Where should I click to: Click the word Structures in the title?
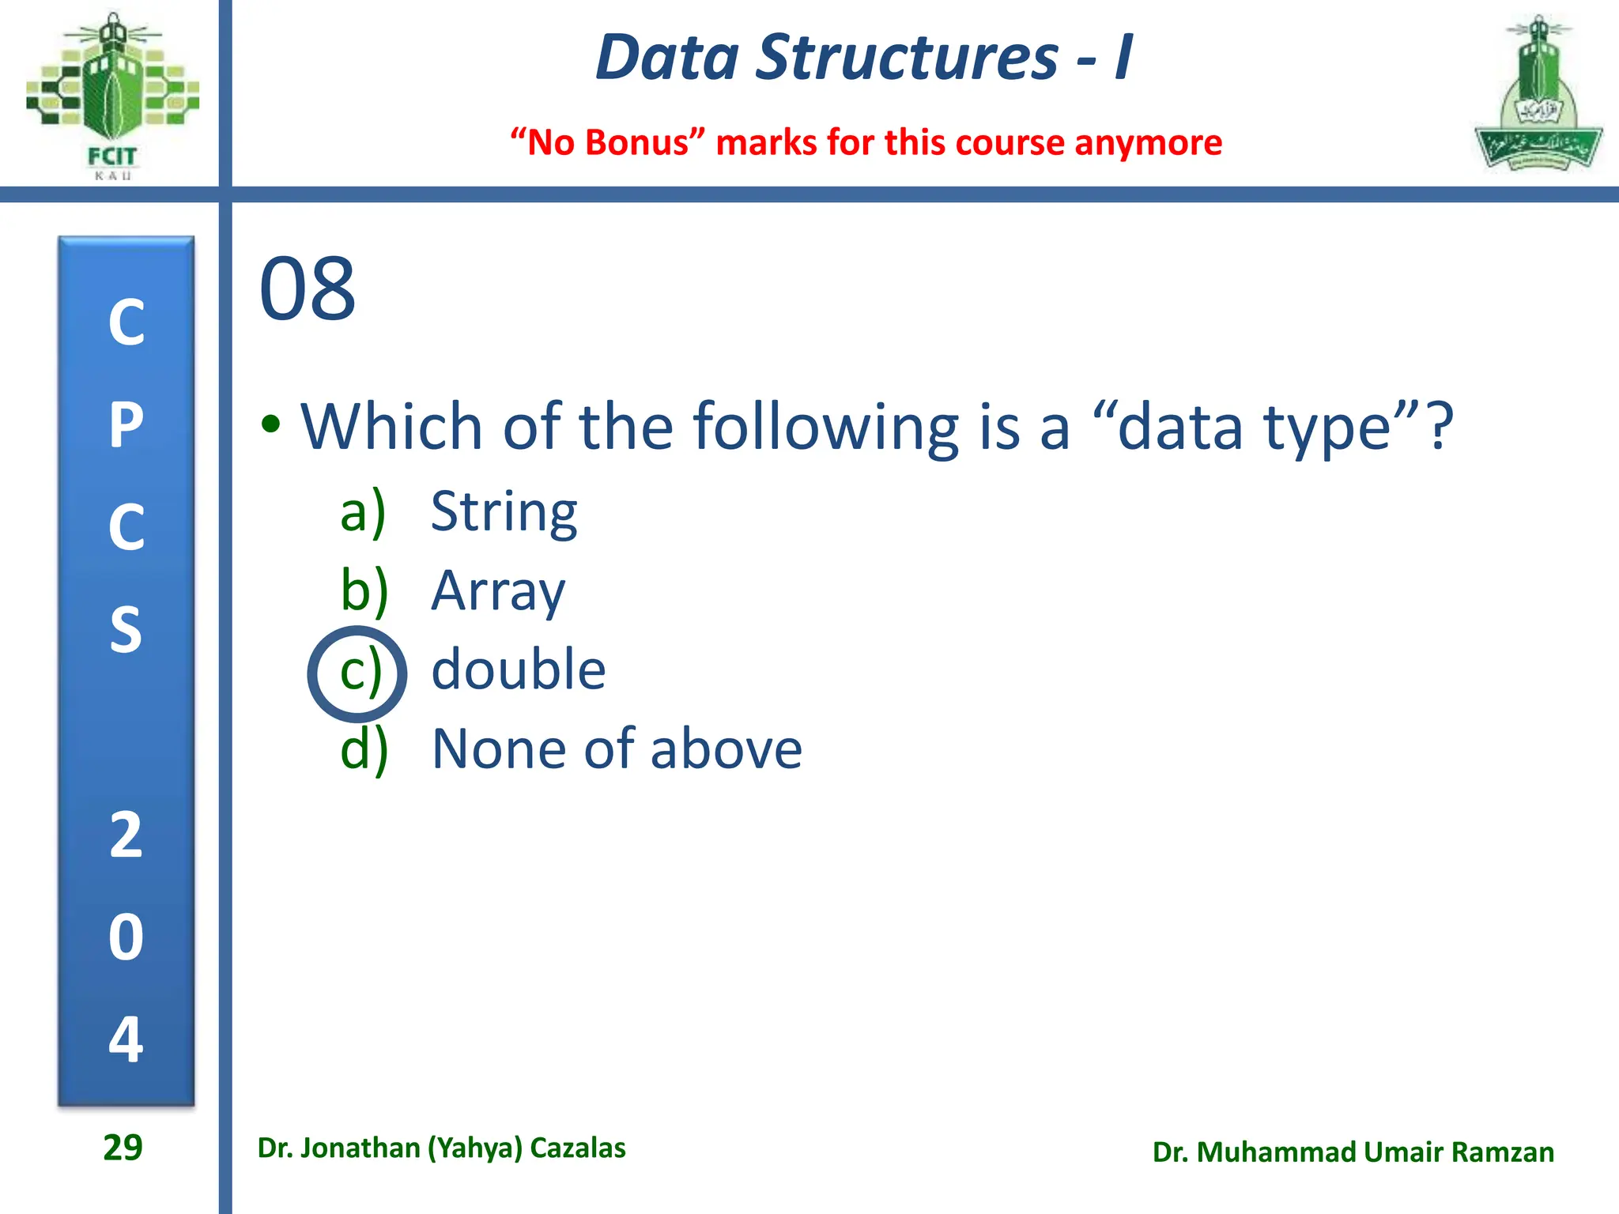tap(906, 58)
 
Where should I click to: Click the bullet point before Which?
tap(271, 424)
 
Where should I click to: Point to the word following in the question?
tap(825, 427)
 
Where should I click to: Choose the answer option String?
tap(504, 512)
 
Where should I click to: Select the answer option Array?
tap(498, 591)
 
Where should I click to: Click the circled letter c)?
tap(358, 673)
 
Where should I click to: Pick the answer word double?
tap(518, 670)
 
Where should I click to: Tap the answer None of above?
tap(617, 749)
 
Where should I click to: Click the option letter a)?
tap(363, 512)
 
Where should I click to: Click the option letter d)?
tap(364, 749)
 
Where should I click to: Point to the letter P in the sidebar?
tap(126, 425)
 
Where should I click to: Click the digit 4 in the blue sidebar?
tap(126, 1039)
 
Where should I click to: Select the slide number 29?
tap(123, 1148)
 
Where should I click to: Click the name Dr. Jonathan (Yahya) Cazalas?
tap(441, 1148)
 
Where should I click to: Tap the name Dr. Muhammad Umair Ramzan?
tap(1353, 1152)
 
